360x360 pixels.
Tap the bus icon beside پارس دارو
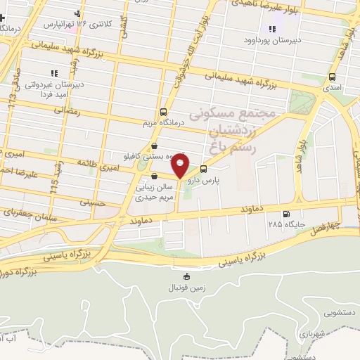[204, 169]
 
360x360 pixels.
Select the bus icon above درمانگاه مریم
[164, 111]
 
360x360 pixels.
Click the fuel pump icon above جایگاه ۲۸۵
[285, 214]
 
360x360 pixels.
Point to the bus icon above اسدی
[332, 78]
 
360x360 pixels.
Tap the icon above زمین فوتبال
[186, 276]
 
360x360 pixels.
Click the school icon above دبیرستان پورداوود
[272, 29]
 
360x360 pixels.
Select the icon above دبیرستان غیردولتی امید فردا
[53, 73]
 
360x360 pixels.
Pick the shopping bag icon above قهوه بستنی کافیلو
[154, 146]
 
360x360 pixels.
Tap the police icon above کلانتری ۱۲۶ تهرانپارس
[77, 13]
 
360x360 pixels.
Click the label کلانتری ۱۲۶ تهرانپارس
[79, 24]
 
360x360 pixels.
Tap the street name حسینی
[94, 203]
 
